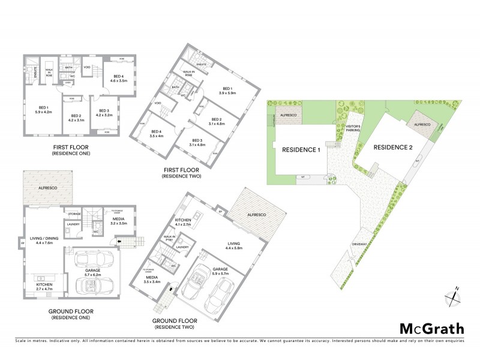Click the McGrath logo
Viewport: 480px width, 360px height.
[x=431, y=328]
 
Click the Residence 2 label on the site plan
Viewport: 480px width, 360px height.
[x=392, y=147]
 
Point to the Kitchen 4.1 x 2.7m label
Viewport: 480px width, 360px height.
[x=184, y=223]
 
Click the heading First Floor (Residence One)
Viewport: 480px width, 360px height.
[x=74, y=148]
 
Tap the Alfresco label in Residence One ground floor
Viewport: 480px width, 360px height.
[x=47, y=187]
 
